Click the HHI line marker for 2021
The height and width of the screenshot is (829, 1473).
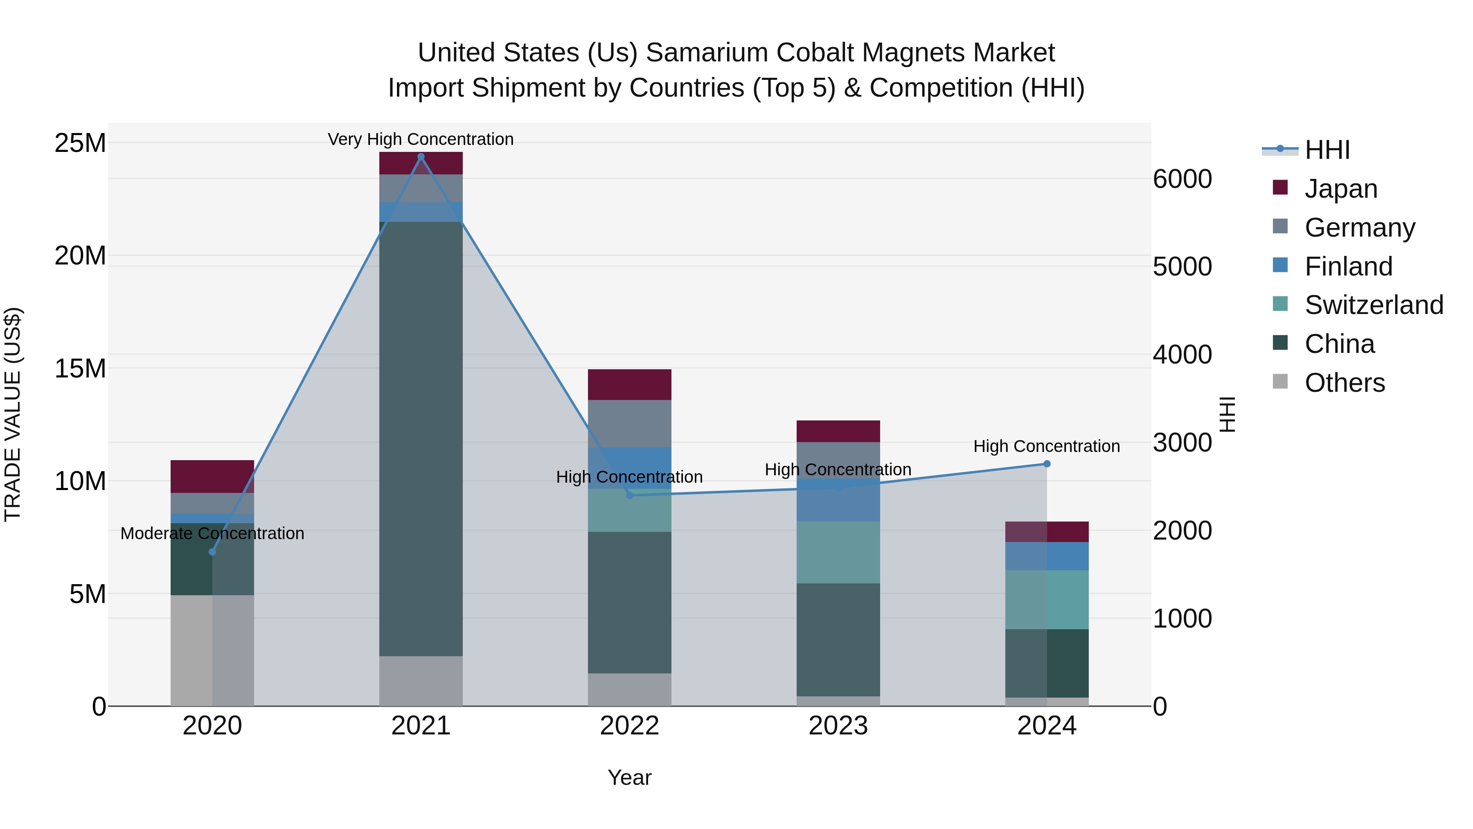tap(421, 157)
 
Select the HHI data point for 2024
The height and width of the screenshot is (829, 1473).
tap(1046, 464)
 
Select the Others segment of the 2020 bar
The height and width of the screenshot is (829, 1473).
tap(212, 651)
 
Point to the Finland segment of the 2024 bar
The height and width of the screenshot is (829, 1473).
tap(1046, 556)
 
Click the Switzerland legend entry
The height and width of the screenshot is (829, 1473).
tap(1374, 305)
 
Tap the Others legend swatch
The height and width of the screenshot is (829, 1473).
tap(1280, 382)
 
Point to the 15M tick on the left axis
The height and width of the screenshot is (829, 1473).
tap(80, 368)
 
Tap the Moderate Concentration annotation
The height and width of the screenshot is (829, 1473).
tap(212, 533)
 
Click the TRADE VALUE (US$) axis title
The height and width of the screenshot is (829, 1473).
tap(13, 414)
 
